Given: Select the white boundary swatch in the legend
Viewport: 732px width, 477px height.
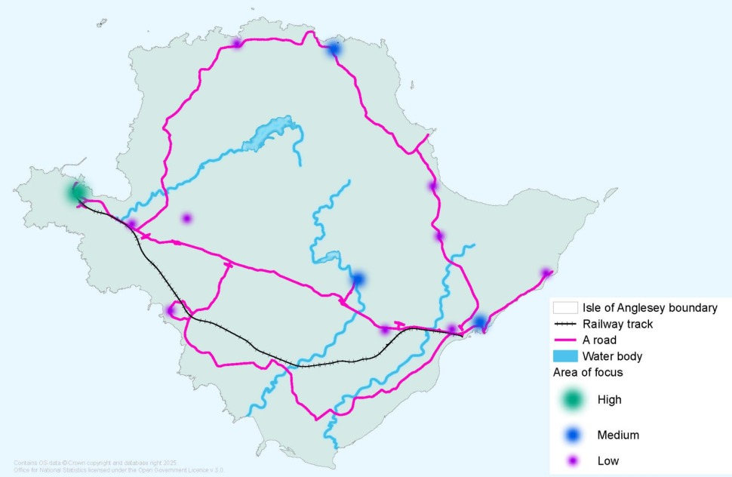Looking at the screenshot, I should (x=566, y=308).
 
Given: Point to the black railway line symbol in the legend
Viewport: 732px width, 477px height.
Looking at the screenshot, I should (x=566, y=324).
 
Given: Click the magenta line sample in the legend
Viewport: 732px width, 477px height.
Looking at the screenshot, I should (x=566, y=340).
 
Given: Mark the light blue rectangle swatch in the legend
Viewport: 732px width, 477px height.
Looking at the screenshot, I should (x=566, y=355).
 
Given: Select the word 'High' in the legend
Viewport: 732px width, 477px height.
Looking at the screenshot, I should (x=609, y=399).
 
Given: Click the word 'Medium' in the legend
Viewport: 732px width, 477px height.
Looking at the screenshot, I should (x=618, y=435).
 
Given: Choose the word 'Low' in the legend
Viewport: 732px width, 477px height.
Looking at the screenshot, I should (x=607, y=460).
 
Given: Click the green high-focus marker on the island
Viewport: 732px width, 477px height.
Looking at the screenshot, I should (x=76, y=192).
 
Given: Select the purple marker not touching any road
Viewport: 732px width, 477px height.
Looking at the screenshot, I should (x=186, y=218).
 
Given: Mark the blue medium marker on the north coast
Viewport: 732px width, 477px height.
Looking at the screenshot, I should (x=333, y=49).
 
